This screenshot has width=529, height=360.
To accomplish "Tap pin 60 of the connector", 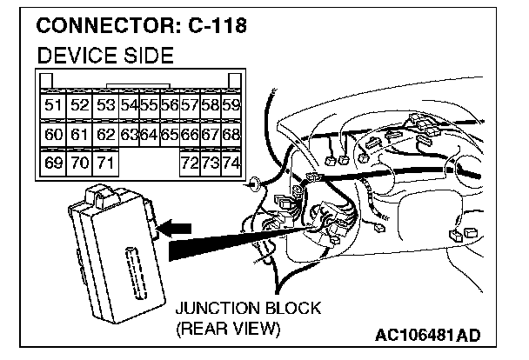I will [x=53, y=135].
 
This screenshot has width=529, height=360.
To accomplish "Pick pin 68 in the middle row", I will [x=231, y=135].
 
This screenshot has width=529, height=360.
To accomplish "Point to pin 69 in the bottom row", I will [x=53, y=163].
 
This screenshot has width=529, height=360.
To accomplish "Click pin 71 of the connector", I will [x=104, y=163].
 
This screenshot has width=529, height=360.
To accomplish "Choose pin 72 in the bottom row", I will [x=188, y=163].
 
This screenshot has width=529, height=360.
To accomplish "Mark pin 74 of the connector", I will [x=231, y=163].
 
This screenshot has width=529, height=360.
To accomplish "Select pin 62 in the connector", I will [x=104, y=135].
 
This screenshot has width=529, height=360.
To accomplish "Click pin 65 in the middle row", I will [x=169, y=135].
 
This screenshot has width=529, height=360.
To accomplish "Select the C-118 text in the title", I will [x=217, y=26].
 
